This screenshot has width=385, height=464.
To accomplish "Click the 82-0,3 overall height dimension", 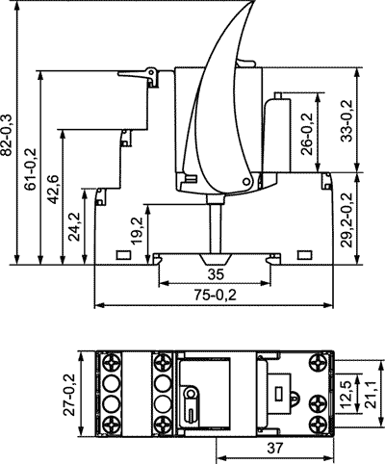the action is [7, 135].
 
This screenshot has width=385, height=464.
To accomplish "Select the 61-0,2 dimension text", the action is [31, 169].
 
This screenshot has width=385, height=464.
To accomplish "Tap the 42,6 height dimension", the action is [53, 190].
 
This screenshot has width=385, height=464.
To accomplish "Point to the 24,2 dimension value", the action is [75, 226].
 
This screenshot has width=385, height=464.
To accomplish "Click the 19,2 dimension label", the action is [138, 230].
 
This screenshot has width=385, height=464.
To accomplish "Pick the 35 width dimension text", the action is [216, 275].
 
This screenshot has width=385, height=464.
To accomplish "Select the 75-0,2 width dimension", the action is [216, 295].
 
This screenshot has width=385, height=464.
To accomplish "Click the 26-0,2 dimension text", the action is [307, 134].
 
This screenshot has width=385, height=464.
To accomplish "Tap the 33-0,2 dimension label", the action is [346, 121].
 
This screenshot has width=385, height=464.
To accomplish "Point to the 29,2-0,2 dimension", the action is [346, 219].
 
